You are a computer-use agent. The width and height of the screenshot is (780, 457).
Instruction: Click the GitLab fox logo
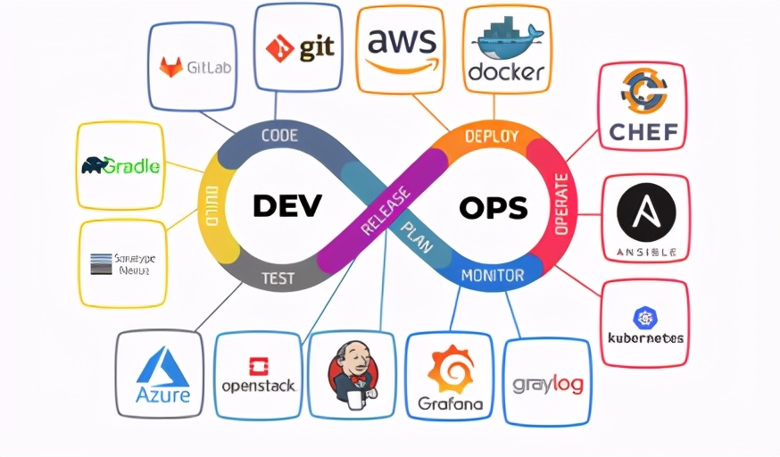click(170, 67)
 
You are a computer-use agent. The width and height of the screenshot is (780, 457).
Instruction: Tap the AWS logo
click(401, 48)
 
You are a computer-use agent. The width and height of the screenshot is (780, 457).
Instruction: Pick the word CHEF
click(643, 132)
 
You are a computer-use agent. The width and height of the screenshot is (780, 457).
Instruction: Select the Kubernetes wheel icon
click(644, 317)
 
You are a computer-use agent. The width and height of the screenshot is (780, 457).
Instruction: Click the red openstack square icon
click(259, 366)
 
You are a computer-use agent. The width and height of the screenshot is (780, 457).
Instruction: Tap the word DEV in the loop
click(286, 207)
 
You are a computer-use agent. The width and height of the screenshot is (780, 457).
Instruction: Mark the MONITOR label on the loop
click(492, 276)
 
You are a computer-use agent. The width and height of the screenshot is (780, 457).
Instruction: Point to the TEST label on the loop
click(277, 278)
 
